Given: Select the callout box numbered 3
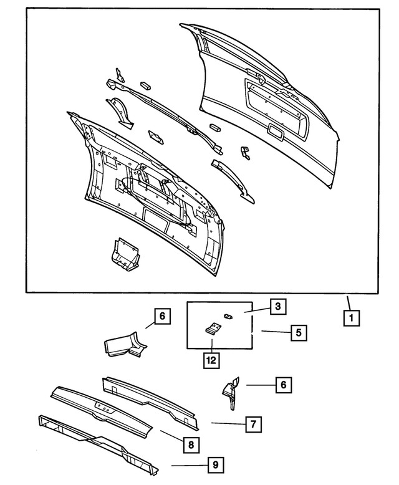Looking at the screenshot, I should point(278,307).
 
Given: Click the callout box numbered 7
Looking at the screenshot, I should point(253,425).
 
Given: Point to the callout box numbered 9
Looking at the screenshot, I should point(214,464).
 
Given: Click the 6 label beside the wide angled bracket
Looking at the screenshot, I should point(161,317).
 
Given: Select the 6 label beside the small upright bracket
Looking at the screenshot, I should point(283,385).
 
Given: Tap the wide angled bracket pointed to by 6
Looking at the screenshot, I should point(125,345).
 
